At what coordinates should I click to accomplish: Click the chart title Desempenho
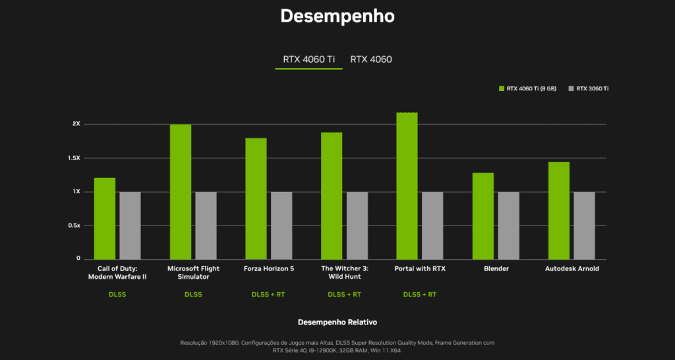coord(337,16)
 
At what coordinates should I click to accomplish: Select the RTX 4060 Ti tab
coord(308,59)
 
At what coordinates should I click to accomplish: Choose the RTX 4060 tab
coord(370,59)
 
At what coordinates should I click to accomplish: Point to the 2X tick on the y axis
coord(76,124)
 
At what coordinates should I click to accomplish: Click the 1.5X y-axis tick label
coord(75,158)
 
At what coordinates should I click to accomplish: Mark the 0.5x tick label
coord(75,225)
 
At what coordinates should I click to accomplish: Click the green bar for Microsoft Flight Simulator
coord(181,191)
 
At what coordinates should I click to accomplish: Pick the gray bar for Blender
coord(508,225)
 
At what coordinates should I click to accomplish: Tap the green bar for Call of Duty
coord(105,218)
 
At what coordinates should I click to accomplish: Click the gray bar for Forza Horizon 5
coord(281,225)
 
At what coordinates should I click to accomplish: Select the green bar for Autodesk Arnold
coord(559,210)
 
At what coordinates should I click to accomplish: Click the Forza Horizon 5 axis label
coord(269,269)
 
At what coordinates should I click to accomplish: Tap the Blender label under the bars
coord(496,269)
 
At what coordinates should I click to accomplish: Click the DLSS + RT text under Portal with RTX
coord(419,294)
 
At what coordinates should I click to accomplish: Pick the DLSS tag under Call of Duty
coord(117,294)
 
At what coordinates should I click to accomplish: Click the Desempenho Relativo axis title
coord(337,322)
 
